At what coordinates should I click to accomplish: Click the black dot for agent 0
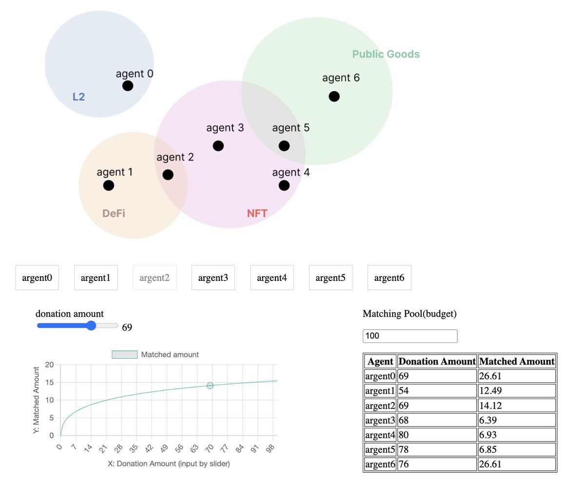(128, 86)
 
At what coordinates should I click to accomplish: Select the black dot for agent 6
(334, 96)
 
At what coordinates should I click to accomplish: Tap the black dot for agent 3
(218, 146)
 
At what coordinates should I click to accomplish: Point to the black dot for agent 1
(109, 185)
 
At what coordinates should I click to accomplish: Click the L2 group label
(78, 97)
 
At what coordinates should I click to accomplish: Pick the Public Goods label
(386, 54)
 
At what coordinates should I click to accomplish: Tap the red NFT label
(257, 213)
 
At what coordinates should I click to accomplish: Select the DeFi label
(114, 213)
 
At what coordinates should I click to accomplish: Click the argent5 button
(331, 278)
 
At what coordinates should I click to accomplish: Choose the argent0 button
(37, 278)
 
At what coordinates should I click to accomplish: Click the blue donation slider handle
(91, 326)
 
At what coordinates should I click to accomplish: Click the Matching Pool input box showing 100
(409, 336)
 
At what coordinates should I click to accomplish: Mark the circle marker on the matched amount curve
(210, 385)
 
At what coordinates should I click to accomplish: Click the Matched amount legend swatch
(125, 355)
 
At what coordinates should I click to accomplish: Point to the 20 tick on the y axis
(49, 364)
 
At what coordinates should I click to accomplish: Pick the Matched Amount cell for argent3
(517, 420)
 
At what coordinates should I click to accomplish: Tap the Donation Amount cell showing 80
(437, 435)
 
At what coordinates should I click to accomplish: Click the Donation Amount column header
(437, 361)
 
